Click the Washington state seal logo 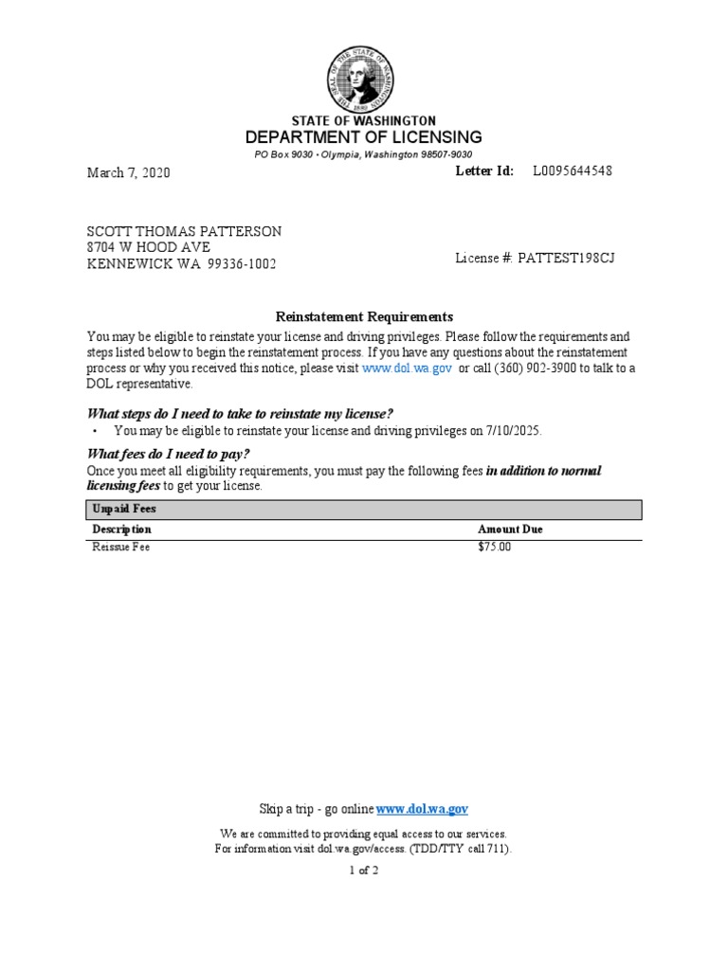coord(364,75)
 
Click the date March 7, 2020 coord(129,173)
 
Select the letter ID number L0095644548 coord(572,171)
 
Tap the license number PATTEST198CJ coord(566,258)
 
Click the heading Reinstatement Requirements coord(364,316)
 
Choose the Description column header coord(121,530)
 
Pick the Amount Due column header coord(510,530)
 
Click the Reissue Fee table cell coord(120,548)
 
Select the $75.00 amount coord(494,548)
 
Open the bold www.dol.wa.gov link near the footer coord(422,809)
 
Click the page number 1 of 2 coord(364,871)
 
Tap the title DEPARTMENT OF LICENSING coord(364,137)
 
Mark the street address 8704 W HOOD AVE coord(149,248)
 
